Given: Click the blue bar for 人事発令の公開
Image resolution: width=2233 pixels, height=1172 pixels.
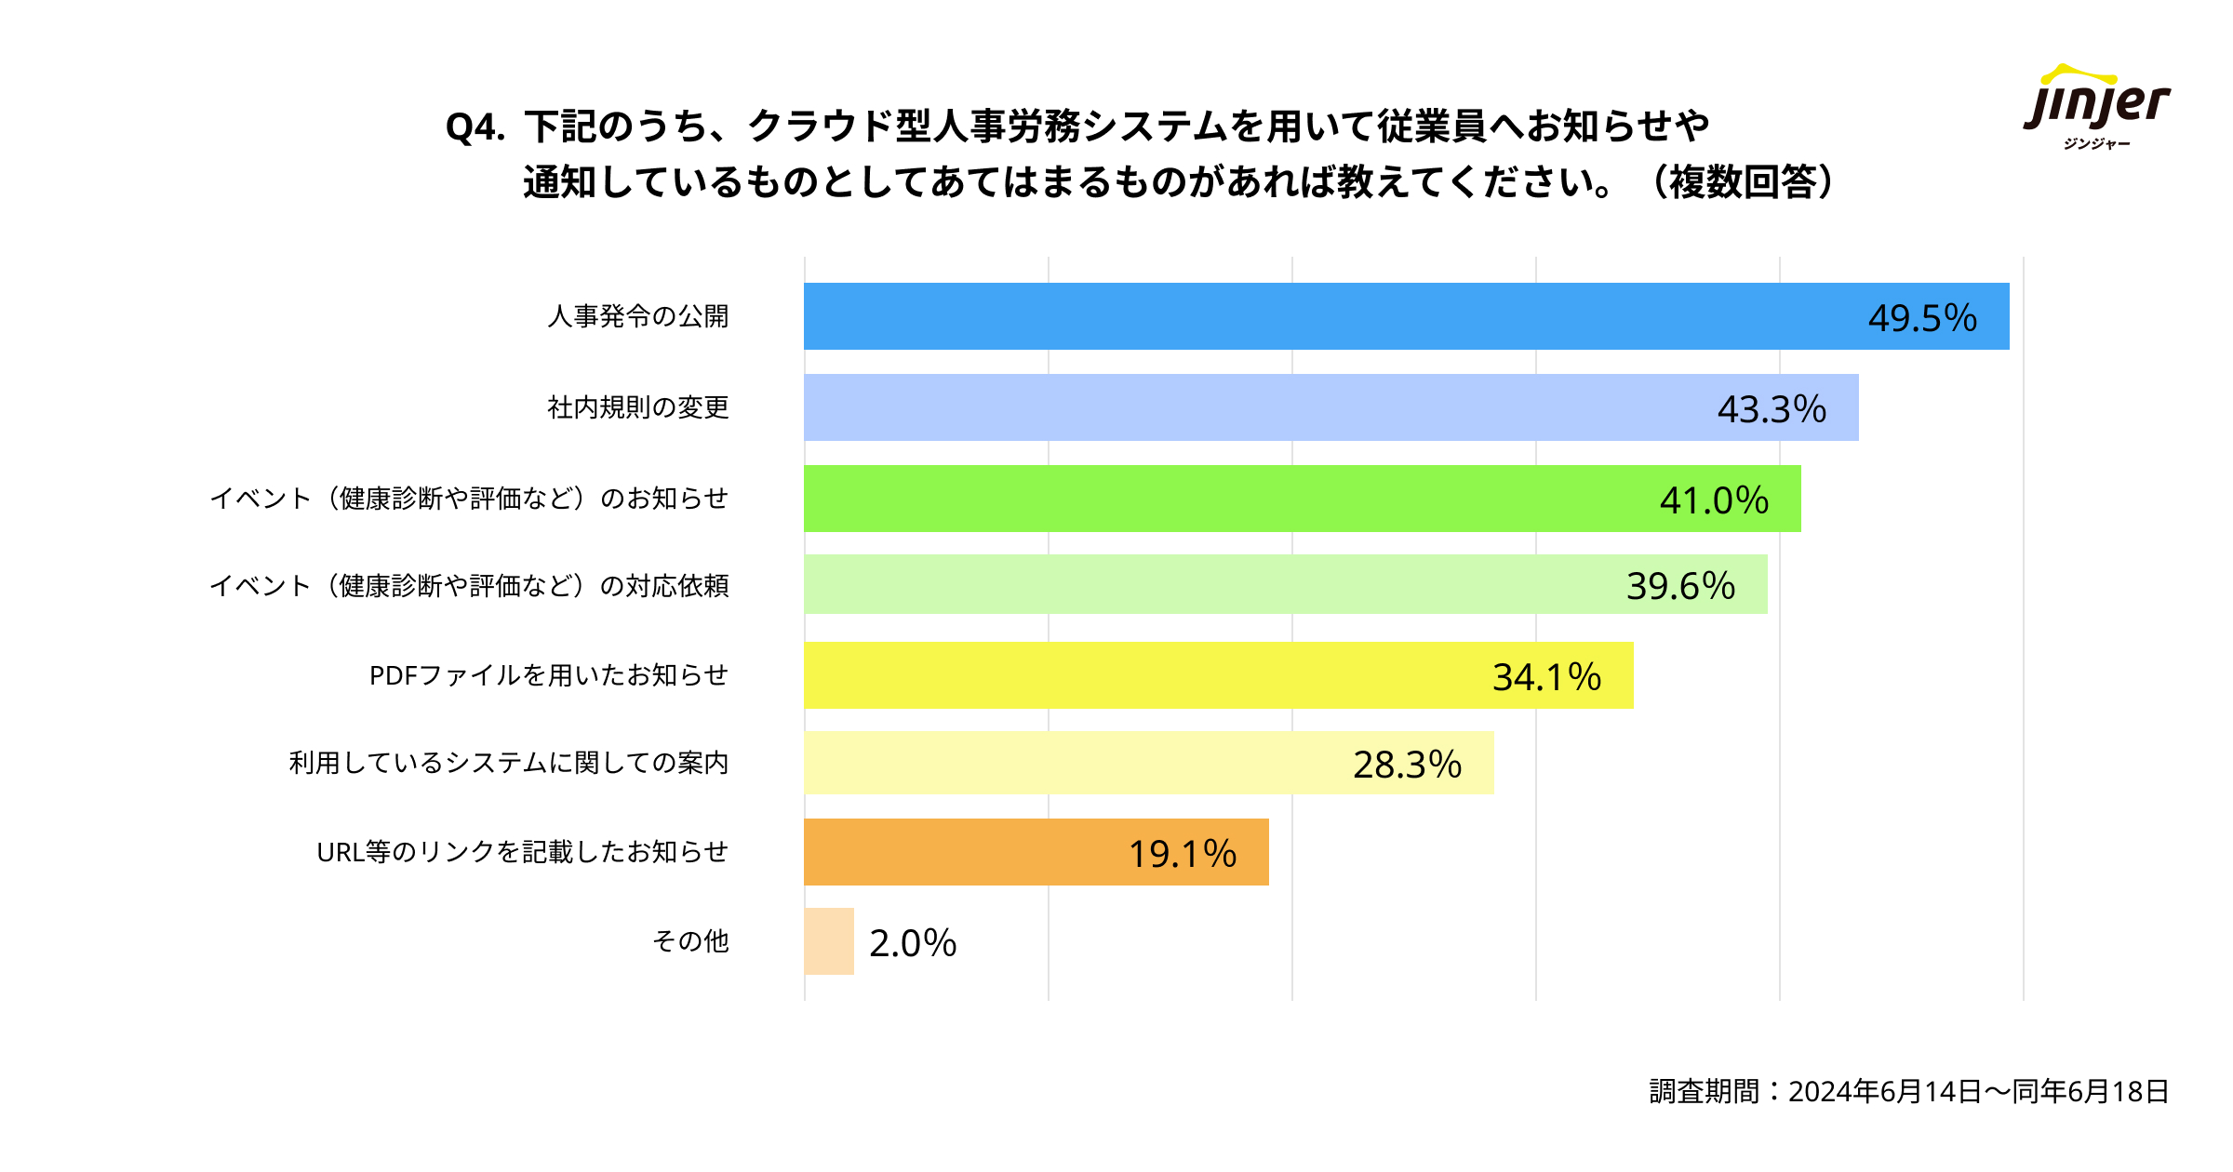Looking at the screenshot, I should [1303, 316].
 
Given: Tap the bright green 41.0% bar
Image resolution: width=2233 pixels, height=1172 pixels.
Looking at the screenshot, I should [1210, 499].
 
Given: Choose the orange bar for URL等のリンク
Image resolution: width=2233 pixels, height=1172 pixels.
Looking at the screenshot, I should [958, 852].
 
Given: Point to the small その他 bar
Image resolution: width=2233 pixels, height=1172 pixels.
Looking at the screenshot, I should [829, 941].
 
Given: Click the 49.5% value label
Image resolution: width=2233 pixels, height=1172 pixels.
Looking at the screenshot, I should [1922, 318].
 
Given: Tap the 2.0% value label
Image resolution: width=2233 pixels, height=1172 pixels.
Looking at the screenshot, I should [913, 943].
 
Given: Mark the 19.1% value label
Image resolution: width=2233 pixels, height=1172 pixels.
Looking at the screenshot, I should [1183, 854].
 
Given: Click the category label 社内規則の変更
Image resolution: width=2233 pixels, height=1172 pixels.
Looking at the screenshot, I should [638, 407].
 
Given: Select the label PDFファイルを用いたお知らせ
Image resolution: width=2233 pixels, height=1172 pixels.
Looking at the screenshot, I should [549, 675].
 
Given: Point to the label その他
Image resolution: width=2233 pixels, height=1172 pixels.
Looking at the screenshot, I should [690, 941].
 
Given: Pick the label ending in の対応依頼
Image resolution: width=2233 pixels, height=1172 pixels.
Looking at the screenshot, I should [470, 586].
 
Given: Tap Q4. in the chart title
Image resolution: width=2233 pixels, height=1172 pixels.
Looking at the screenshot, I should [475, 127].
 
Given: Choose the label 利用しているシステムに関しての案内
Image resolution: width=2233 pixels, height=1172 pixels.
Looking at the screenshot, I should [509, 763].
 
